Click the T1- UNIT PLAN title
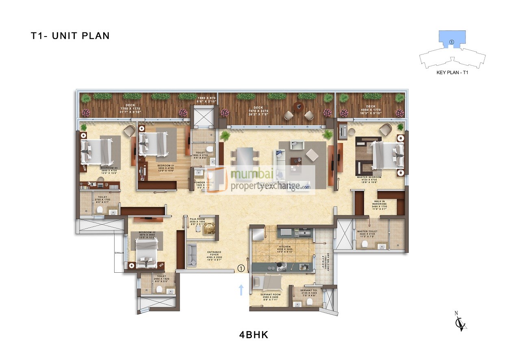(70, 36)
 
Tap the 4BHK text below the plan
(254, 335)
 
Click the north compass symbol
(460, 322)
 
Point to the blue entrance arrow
(241, 289)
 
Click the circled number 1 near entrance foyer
(241, 268)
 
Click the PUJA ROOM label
(197, 219)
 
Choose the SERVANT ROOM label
(271, 295)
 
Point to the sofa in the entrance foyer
(191, 254)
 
